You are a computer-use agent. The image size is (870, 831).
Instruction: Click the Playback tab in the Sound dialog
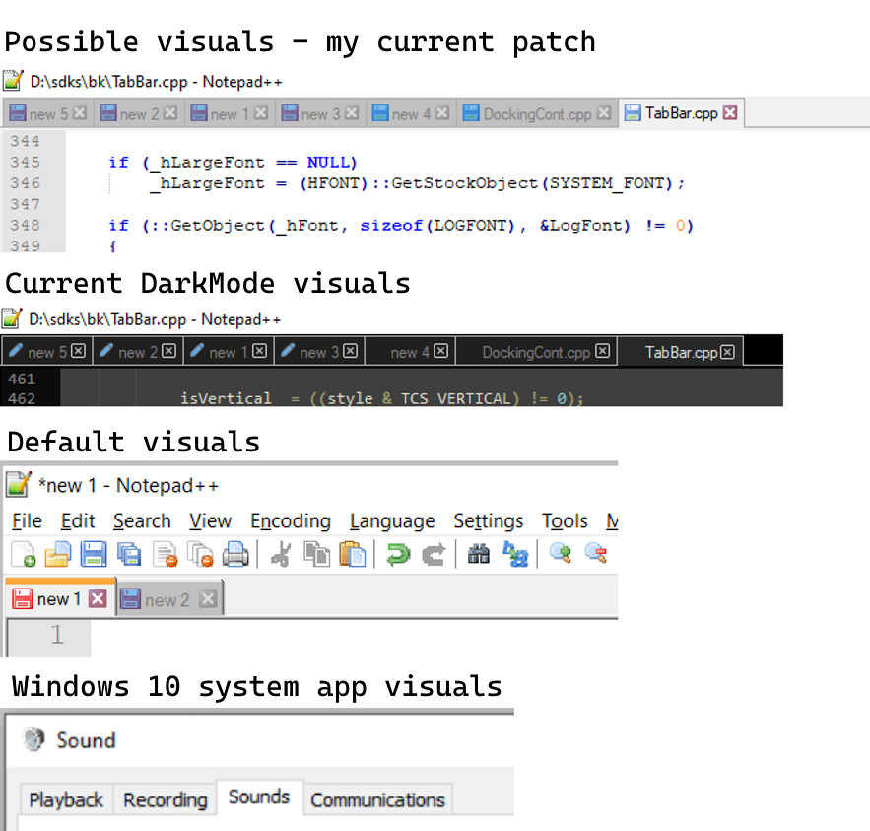[x=66, y=799]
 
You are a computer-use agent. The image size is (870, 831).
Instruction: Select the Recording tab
[x=165, y=799]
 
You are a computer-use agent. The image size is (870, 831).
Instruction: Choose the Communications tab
[x=377, y=799]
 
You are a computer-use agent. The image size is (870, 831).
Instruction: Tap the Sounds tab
[x=259, y=796]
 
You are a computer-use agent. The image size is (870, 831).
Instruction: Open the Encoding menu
[x=290, y=520]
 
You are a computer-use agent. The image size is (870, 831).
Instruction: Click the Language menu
[x=392, y=520]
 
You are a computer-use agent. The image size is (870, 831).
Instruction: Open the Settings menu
[x=488, y=520]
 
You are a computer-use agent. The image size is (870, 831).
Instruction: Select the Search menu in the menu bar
[x=142, y=520]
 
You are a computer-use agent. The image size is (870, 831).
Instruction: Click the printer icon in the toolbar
[x=235, y=554]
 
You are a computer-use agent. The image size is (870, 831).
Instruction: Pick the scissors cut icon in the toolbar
[x=281, y=554]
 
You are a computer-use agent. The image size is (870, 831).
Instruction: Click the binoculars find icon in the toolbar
[x=479, y=554]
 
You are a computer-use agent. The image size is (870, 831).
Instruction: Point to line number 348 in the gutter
[x=25, y=225]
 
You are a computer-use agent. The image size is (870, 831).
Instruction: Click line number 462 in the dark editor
[x=21, y=399]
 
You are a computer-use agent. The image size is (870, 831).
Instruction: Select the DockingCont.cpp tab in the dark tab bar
[x=536, y=352]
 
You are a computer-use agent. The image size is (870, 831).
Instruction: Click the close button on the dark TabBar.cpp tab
[x=727, y=352]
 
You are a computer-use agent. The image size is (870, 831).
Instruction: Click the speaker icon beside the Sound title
[x=34, y=740]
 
